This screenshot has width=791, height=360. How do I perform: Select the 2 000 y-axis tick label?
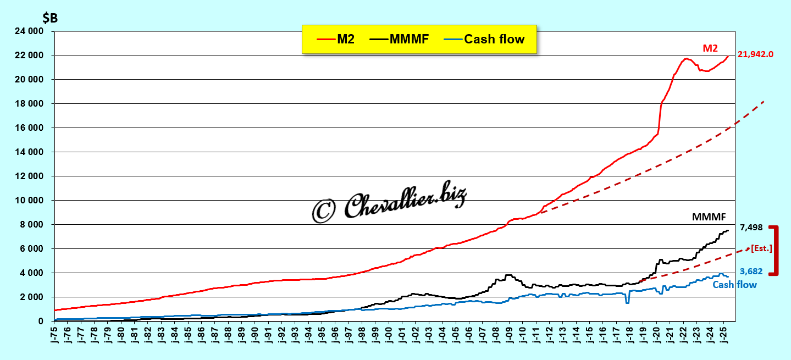(34, 297)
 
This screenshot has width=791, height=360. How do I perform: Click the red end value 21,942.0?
(755, 54)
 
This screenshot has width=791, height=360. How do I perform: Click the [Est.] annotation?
(761, 248)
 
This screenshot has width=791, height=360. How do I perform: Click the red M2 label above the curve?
(710, 48)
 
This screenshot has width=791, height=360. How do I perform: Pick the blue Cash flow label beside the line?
(734, 285)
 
